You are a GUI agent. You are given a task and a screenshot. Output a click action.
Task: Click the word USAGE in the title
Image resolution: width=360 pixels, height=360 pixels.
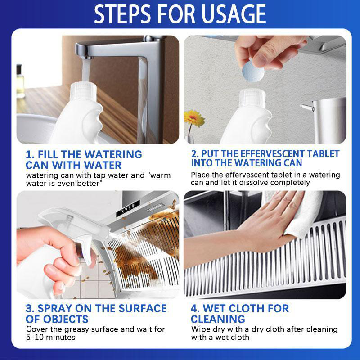tap(234, 14)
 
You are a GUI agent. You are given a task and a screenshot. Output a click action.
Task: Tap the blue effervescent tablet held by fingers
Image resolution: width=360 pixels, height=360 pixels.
tap(253, 71)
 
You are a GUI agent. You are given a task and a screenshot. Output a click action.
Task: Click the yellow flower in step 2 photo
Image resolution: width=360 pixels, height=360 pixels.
tap(194, 118)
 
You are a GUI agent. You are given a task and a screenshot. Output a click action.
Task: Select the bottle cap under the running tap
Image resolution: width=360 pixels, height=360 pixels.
tap(83, 91)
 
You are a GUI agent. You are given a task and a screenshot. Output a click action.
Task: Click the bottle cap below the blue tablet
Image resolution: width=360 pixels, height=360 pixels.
tap(252, 98)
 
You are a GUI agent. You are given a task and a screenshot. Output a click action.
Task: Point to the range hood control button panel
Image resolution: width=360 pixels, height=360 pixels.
tap(128, 208)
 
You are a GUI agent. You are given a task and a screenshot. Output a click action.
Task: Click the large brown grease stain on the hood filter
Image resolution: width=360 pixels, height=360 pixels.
tap(133, 262)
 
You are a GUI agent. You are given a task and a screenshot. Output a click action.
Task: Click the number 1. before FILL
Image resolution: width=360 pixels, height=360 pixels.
tap(30, 154)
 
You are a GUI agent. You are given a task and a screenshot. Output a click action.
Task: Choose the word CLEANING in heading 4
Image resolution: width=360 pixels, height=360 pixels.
tap(218, 319)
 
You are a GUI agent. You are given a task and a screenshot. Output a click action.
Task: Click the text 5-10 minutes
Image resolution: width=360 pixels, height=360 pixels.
tap(50, 337)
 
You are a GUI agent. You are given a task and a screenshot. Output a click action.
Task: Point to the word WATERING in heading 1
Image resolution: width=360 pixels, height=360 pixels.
tap(113, 154)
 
